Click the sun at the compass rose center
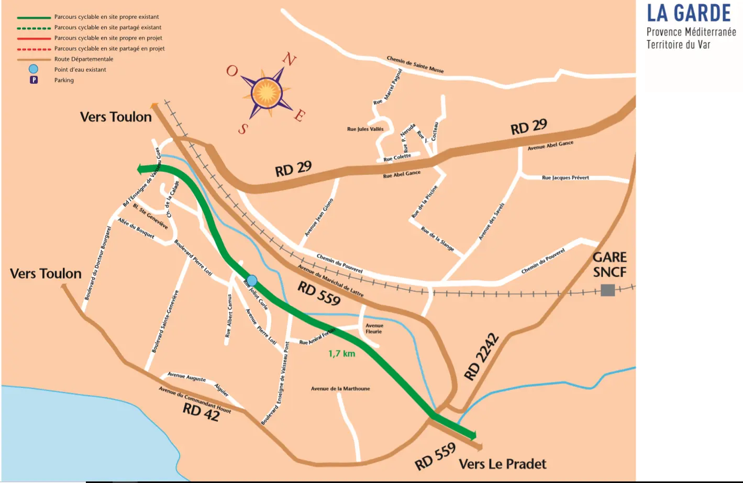pos(267,93)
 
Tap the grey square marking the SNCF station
pos(607,290)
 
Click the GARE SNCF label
pos(609,265)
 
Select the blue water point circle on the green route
pos(252,280)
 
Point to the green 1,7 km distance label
pos(341,354)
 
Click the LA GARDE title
pos(689,13)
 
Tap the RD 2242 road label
pos(481,357)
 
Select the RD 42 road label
pos(201,412)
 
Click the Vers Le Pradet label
pos(502,464)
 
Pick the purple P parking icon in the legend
pos(34,80)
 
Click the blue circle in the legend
pos(34,69)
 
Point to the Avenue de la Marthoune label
pos(340,389)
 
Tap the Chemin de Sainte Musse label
pos(415,64)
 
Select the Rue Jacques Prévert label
pos(565,178)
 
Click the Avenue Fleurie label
pos(374,328)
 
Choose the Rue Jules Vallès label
pos(365,129)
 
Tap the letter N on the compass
pos(289,60)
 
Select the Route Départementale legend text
pos(84,59)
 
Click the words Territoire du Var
pos(678,45)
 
